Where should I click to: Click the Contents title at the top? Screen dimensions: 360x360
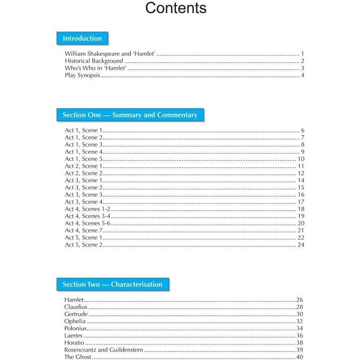click(176, 8)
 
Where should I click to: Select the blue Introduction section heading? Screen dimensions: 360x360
click(82, 38)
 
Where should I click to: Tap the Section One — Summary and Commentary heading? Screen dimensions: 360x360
click(130, 115)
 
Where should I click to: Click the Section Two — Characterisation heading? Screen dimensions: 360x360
click(112, 284)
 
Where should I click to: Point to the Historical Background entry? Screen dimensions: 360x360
click(94, 61)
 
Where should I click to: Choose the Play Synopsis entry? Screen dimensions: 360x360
click(82, 75)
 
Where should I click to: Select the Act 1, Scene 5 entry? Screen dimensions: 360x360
click(83, 159)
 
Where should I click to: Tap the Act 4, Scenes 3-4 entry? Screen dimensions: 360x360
click(88, 216)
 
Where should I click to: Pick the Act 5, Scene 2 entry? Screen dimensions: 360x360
click(83, 245)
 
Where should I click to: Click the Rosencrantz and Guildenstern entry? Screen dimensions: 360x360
click(103, 350)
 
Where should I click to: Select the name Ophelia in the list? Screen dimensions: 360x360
click(75, 321)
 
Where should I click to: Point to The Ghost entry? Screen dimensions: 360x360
click(78, 357)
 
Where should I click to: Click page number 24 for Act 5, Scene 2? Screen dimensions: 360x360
click(301, 245)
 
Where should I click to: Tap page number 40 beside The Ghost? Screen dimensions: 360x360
click(299, 357)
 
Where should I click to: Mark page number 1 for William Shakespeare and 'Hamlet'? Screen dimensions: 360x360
click(302, 54)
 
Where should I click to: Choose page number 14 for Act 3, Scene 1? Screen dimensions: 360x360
click(301, 180)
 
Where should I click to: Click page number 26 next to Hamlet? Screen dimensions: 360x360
click(299, 300)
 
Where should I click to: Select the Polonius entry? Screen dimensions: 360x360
click(76, 328)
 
